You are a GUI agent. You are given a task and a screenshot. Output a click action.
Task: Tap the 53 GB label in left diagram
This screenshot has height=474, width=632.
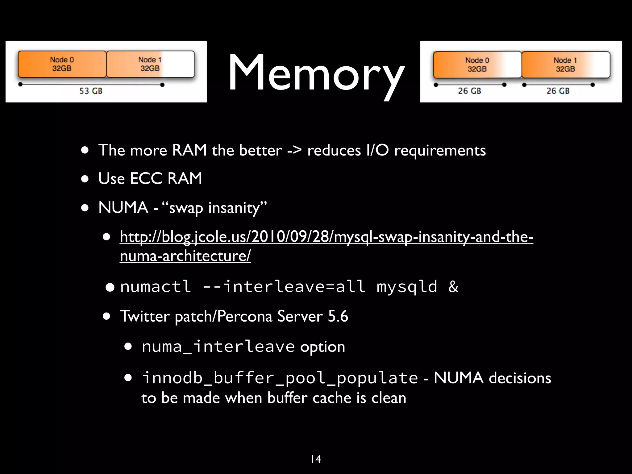coord(91,91)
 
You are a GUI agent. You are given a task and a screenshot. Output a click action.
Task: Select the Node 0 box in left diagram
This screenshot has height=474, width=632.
coord(62,64)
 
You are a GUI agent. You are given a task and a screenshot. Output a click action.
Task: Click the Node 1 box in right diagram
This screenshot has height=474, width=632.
coord(565,65)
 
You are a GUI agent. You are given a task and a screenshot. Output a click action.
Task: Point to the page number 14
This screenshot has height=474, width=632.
coord(316,459)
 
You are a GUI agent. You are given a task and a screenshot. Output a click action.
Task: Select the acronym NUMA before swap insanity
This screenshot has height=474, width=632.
coord(123,207)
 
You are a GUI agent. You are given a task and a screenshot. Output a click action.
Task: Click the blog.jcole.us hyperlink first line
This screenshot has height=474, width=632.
coord(326,237)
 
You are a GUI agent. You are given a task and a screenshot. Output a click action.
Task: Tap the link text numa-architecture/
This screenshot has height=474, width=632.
coord(185,256)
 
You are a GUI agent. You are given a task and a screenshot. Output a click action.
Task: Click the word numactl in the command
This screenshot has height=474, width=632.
coord(155,286)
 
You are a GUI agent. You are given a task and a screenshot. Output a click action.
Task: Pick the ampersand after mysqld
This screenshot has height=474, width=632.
coord(453,286)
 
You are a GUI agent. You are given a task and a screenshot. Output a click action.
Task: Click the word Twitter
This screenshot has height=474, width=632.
coord(144,316)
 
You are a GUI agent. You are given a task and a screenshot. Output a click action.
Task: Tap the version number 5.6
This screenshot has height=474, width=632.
coord(338,316)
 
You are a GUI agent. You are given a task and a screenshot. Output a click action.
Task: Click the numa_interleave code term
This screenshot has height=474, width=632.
coord(218,347)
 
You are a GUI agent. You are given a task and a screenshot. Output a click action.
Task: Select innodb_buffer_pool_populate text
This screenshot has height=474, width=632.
coord(280,378)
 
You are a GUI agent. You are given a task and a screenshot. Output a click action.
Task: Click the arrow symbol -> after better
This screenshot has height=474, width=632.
coord(294,151)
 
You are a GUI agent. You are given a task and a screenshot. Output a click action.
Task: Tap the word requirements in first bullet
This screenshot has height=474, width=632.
coord(440,151)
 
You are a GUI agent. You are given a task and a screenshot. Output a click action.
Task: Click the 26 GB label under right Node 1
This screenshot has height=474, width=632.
coord(558,91)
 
